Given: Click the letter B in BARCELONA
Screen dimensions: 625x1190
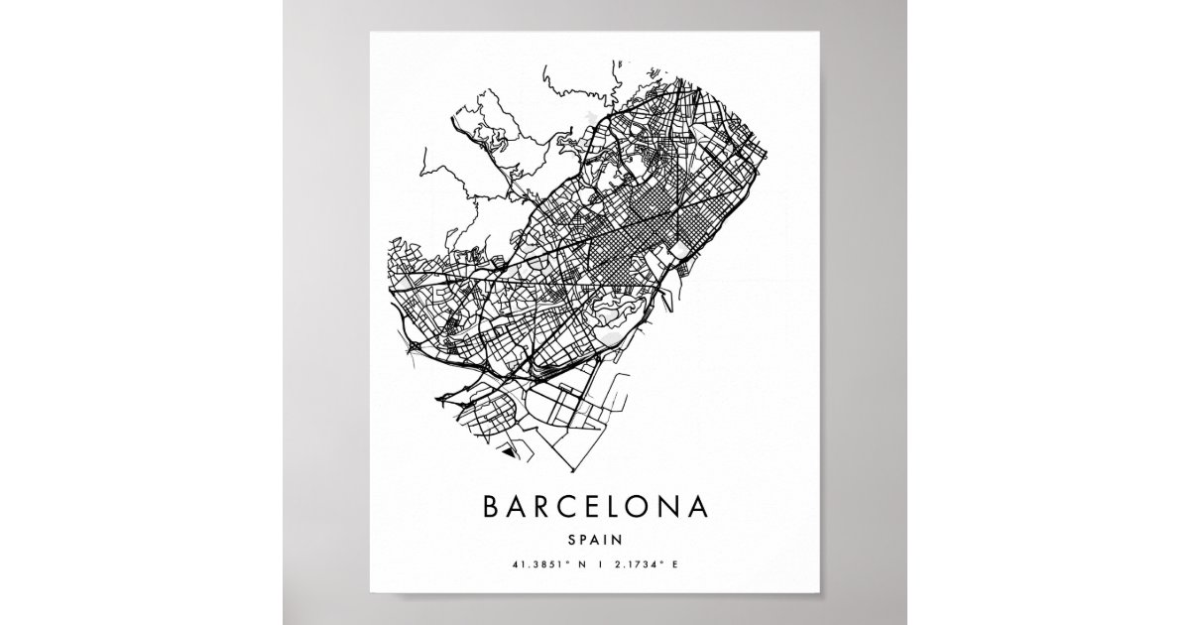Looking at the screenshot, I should pyautogui.click(x=490, y=507).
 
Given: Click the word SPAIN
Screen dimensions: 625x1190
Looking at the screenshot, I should pyautogui.click(x=595, y=541).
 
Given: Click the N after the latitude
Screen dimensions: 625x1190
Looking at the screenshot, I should pyautogui.click(x=582, y=565).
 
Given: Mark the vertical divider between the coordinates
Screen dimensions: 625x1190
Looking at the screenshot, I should pyautogui.click(x=600, y=565).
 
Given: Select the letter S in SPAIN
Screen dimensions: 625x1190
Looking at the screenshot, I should pyautogui.click(x=573, y=541).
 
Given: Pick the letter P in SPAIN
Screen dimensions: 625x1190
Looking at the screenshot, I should pyautogui.click(x=584, y=541).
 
